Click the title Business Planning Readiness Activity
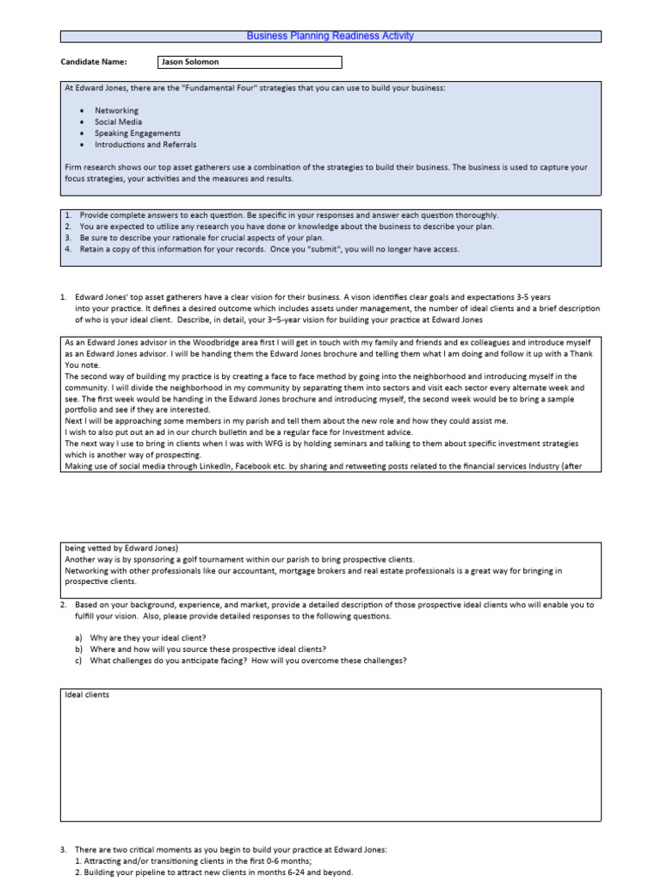[330, 36]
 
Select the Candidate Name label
[93, 62]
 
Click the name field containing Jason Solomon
[250, 62]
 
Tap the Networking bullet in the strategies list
[116, 111]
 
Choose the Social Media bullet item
[118, 122]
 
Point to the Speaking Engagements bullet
[137, 134]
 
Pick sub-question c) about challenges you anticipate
[241, 661]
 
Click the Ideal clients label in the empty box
[87, 694]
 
